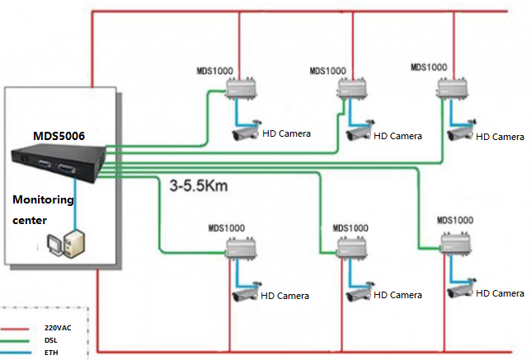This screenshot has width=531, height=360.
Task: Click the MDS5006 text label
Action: [x=60, y=135]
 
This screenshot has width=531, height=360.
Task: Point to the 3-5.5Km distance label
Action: [x=198, y=186]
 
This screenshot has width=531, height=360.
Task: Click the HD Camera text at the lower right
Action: [x=500, y=293]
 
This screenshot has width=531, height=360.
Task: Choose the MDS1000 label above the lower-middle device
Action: [x=350, y=227]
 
